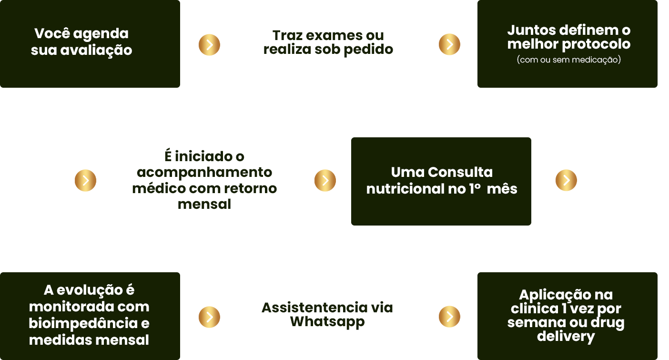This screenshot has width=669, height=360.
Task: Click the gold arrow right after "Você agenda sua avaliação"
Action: click(x=209, y=44)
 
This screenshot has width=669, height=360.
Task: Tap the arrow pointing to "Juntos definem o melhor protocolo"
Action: click(x=449, y=44)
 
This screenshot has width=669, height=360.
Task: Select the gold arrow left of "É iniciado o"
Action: click(x=86, y=180)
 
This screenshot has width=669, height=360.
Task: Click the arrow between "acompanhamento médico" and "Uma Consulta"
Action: click(x=325, y=180)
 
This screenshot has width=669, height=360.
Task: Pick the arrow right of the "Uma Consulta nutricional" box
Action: click(x=566, y=180)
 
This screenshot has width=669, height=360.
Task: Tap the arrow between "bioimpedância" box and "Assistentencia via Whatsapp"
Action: click(x=209, y=317)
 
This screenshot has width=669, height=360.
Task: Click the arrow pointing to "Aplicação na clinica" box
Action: click(x=449, y=317)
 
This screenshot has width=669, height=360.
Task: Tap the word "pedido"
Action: click(x=370, y=49)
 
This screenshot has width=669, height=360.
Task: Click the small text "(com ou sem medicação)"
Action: click(x=568, y=60)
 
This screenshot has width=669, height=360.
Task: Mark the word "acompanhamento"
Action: click(x=204, y=172)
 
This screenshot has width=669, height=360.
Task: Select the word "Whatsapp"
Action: click(x=327, y=321)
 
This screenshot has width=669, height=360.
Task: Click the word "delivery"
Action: click(x=566, y=336)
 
